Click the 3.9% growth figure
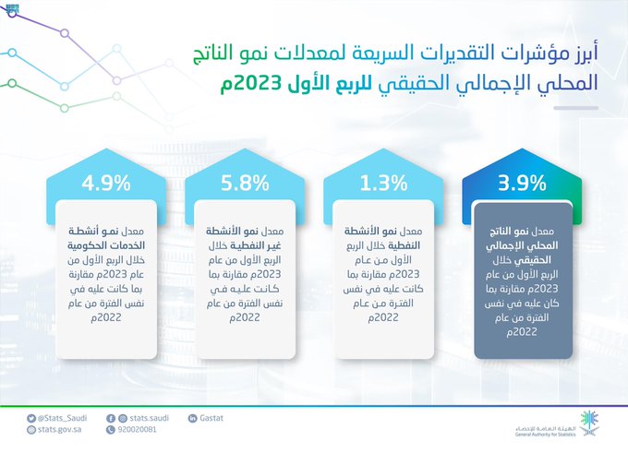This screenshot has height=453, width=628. coord(522,184)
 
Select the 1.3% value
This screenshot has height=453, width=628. coord(383,184)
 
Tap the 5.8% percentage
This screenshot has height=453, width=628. coord(245,184)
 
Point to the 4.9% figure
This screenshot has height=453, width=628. coord(106,184)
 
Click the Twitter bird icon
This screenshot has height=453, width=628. coord(31,419)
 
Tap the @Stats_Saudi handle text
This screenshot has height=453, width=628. coord(62,418)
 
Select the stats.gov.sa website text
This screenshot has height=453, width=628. coord(59,430)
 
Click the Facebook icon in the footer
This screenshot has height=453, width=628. coord(111,419)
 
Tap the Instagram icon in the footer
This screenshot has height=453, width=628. coord(123,419)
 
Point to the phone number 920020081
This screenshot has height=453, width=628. coord(137,430)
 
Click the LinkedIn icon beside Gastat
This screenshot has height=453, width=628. coord(192,418)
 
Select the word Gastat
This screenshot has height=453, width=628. coord(211,418)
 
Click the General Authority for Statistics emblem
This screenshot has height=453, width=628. coord(590,423)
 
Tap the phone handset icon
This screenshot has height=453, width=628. coord(111,430)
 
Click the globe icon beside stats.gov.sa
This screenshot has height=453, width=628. coord(31,430)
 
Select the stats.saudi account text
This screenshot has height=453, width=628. coord(149,418)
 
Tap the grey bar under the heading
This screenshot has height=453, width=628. coord(576,108)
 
